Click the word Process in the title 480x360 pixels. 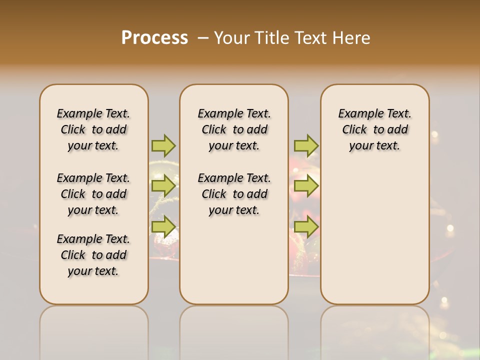(154, 38)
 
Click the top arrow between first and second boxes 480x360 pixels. (163, 145)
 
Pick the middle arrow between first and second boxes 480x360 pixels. (163, 186)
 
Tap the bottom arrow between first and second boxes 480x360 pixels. (163, 227)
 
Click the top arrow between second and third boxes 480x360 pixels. (306, 145)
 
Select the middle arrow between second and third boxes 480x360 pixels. (306, 186)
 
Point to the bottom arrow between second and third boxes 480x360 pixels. (306, 227)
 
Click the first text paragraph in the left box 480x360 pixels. (93, 129)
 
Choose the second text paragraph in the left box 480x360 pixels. (93, 194)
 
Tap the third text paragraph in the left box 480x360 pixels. (93, 255)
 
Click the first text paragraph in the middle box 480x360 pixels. (234, 129)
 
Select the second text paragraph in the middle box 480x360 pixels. (234, 194)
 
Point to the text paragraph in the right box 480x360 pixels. (374, 129)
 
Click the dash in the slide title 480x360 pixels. (203, 38)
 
